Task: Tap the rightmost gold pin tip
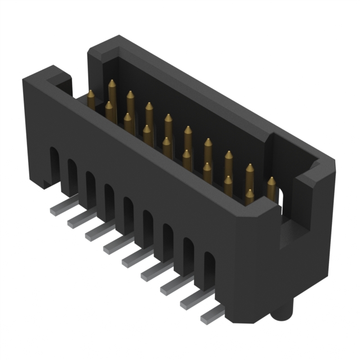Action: [271, 181]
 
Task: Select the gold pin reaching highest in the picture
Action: [112, 84]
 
